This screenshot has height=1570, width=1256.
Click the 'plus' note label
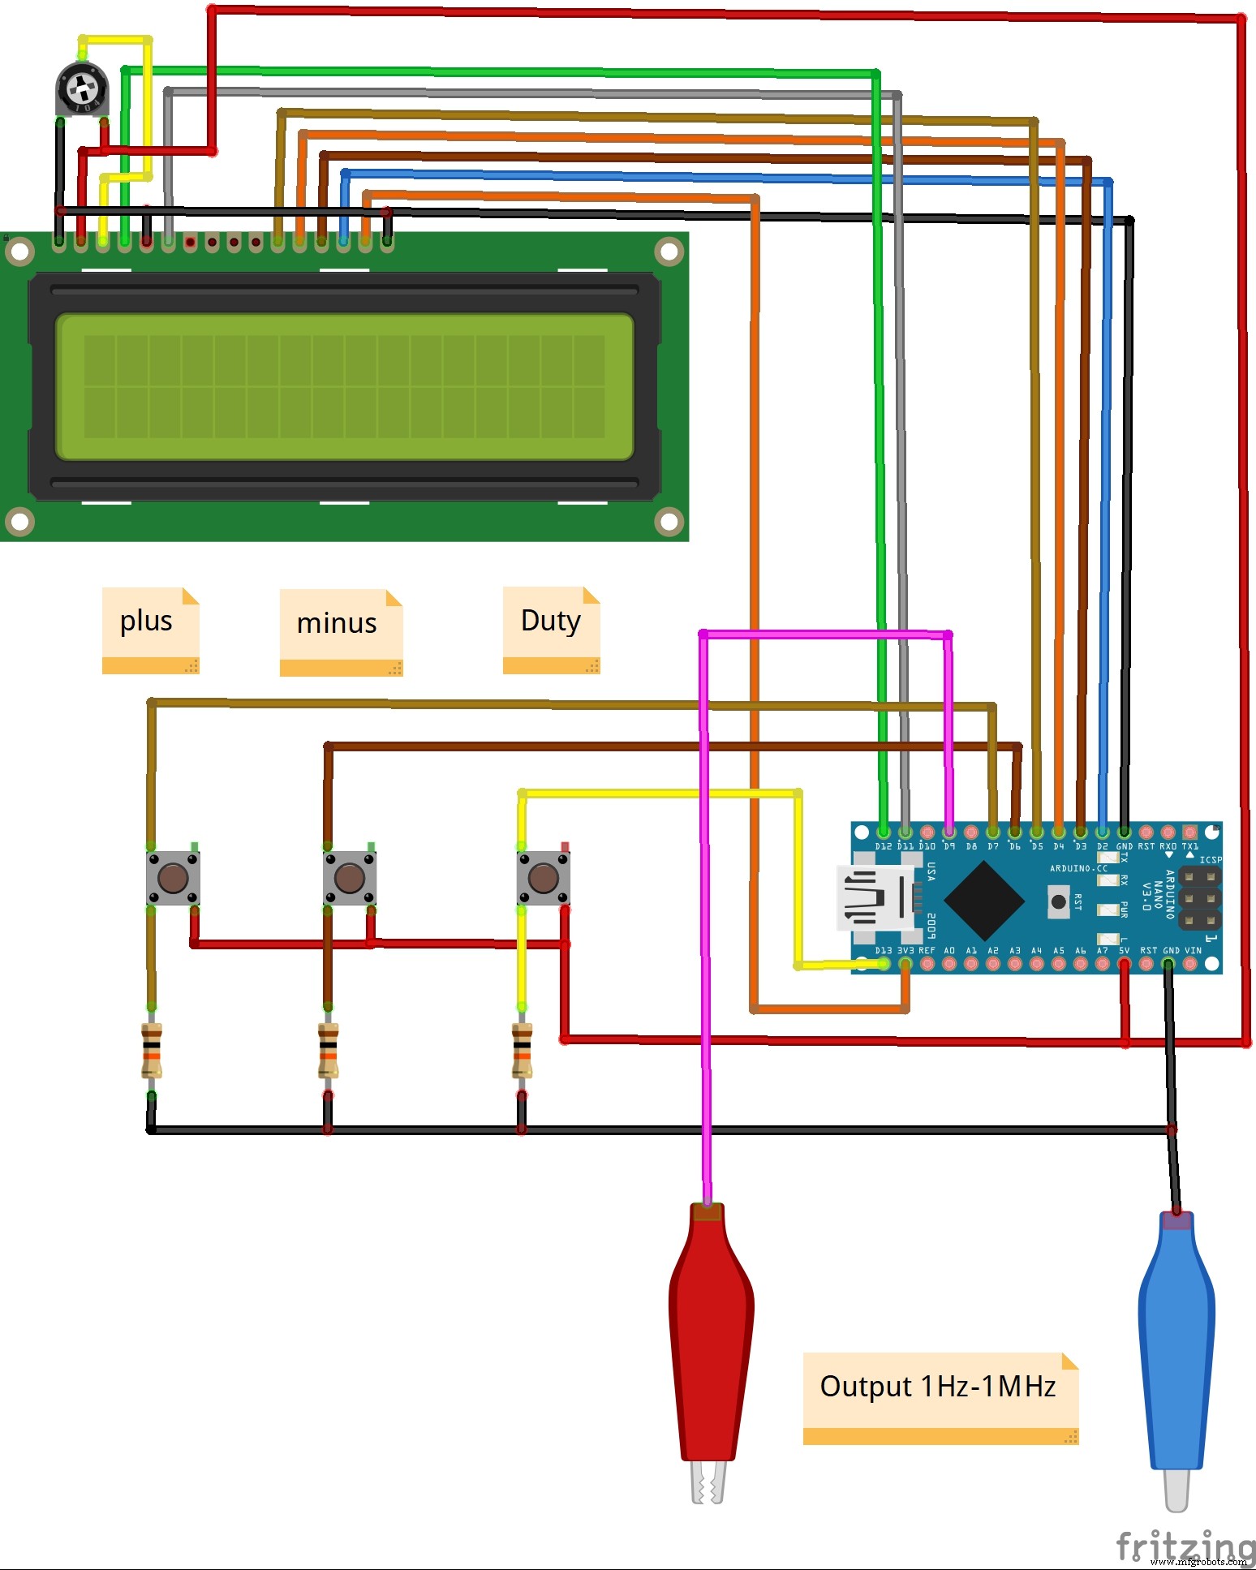[147, 622]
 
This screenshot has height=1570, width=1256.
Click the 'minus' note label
[338, 624]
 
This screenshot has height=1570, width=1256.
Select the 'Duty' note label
[551, 622]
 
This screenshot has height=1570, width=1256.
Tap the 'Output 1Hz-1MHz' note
[938, 1387]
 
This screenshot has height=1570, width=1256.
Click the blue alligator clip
[1176, 1347]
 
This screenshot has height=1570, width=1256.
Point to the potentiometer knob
[82, 87]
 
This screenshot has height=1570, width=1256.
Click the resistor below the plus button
[152, 1050]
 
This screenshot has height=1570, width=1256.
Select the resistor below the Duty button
[522, 1050]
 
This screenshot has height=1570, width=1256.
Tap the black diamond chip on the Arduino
[984, 900]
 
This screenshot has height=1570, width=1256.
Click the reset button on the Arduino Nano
[1058, 901]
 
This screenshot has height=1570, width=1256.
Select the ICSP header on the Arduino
[1199, 898]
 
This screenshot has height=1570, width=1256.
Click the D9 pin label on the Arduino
[948, 846]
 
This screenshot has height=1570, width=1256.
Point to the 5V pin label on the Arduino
[1124, 950]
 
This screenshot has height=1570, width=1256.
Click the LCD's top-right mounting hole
[669, 252]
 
